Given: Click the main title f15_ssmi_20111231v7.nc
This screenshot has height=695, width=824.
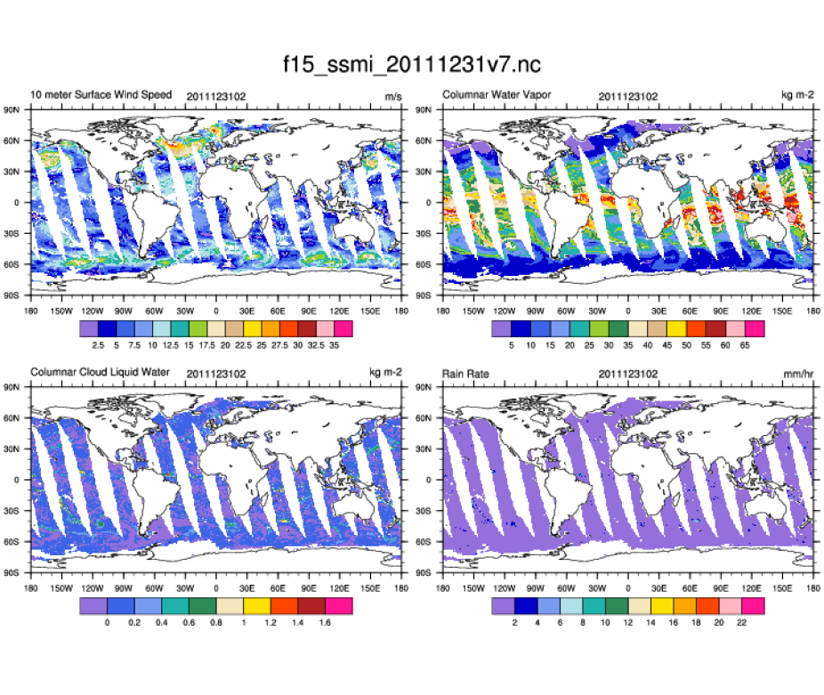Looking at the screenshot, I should [412, 65].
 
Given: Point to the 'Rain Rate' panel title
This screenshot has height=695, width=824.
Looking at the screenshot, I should [465, 371].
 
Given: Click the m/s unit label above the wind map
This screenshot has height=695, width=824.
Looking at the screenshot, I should [390, 95].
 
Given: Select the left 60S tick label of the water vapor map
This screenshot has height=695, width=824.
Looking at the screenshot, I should [425, 264].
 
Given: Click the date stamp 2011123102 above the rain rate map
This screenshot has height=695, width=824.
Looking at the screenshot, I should [628, 371].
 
